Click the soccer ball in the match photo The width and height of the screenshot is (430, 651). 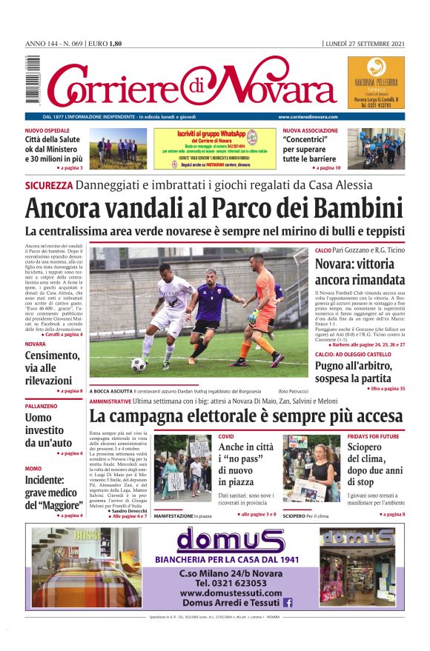pos(139,364)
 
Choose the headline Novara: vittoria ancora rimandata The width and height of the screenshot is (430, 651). pos(359,272)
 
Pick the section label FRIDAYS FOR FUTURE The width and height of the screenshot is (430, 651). pos(373,436)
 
